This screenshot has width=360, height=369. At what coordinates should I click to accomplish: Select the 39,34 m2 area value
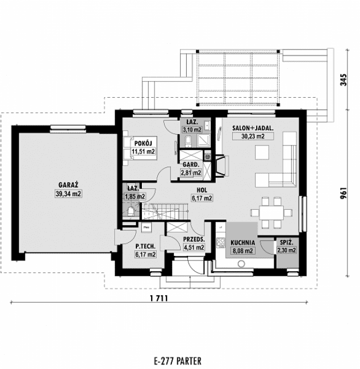click(68, 194)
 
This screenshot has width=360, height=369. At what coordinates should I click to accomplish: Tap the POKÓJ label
click(142, 143)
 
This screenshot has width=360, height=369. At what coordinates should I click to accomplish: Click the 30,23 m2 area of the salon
click(253, 136)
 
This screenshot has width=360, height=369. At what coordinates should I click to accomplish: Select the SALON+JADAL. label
click(253, 128)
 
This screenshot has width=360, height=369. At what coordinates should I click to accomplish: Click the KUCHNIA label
click(242, 241)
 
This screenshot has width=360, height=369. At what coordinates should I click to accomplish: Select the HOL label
click(201, 190)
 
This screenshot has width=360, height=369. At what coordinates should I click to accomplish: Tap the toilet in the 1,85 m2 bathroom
click(131, 212)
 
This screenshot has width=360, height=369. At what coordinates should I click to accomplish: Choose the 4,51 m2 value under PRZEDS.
click(194, 247)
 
